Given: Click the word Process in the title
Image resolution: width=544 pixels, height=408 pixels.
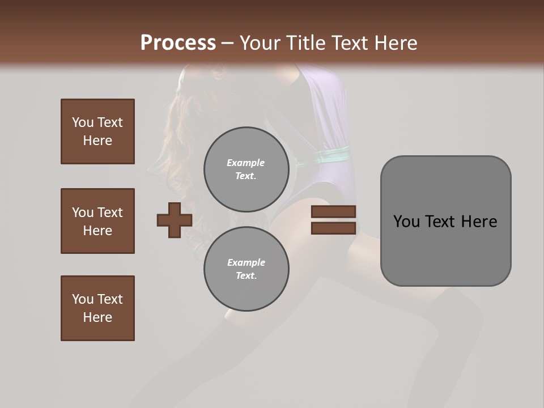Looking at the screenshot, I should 178,42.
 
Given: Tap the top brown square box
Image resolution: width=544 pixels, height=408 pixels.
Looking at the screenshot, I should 97,131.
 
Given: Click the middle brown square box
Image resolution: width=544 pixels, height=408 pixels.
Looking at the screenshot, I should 97,221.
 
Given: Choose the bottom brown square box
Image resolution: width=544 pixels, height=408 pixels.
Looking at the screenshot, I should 97,308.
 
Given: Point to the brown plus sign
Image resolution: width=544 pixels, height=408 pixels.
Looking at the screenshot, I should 175,220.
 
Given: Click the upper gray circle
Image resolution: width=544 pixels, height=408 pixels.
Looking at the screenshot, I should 246,169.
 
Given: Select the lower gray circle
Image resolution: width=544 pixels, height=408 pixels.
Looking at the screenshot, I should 246,269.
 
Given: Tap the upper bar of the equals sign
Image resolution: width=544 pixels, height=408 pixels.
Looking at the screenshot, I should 333,212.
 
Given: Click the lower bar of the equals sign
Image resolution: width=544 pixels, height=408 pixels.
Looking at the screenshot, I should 333,228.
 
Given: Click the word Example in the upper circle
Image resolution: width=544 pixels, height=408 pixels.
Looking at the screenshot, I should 246,163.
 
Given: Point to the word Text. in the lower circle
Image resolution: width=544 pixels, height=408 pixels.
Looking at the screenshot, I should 246,275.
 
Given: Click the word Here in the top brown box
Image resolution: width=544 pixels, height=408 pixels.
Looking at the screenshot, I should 97,141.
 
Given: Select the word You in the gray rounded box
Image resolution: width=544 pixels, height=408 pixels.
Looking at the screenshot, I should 406,222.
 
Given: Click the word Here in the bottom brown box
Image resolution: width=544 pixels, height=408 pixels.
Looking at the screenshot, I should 97,317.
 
